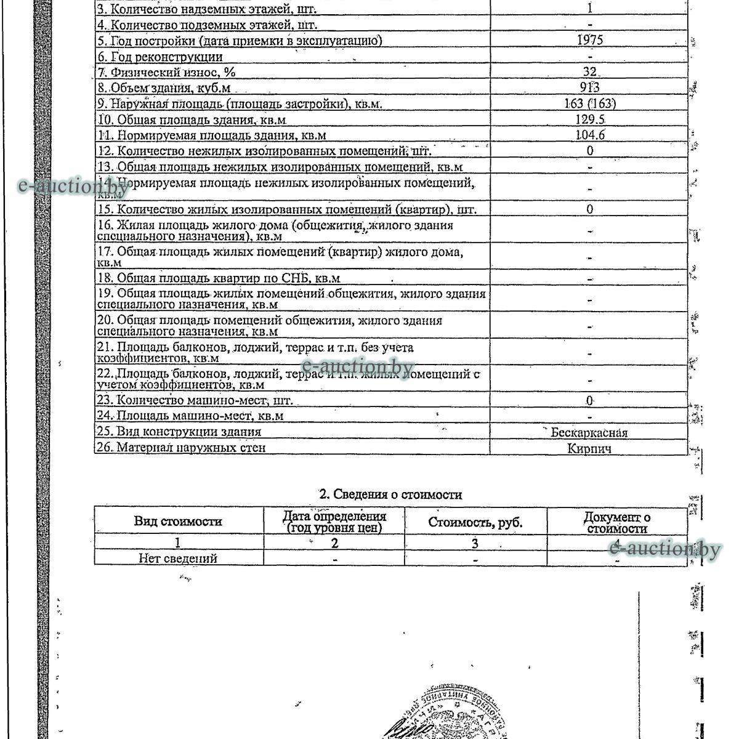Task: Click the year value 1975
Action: coord(589,40)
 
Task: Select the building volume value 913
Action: coord(589,87)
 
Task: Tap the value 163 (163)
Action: coord(589,103)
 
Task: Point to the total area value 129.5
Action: coord(589,119)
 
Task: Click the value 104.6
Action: coord(589,135)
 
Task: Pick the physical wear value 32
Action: coord(589,72)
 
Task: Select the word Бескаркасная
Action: coord(589,432)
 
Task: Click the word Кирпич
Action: coord(589,448)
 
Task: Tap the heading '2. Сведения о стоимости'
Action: coord(390,495)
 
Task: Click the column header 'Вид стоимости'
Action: coord(178,521)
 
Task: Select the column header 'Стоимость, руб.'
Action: coord(475,523)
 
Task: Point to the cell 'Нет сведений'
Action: coord(178,559)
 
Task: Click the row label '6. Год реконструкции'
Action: coord(160,57)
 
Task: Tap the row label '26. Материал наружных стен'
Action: coord(181,448)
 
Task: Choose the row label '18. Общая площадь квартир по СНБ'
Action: coord(219,278)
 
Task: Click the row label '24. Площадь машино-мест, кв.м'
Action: coord(190,416)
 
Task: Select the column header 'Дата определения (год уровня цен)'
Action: coord(334,522)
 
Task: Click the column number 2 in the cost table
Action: coord(334,543)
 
